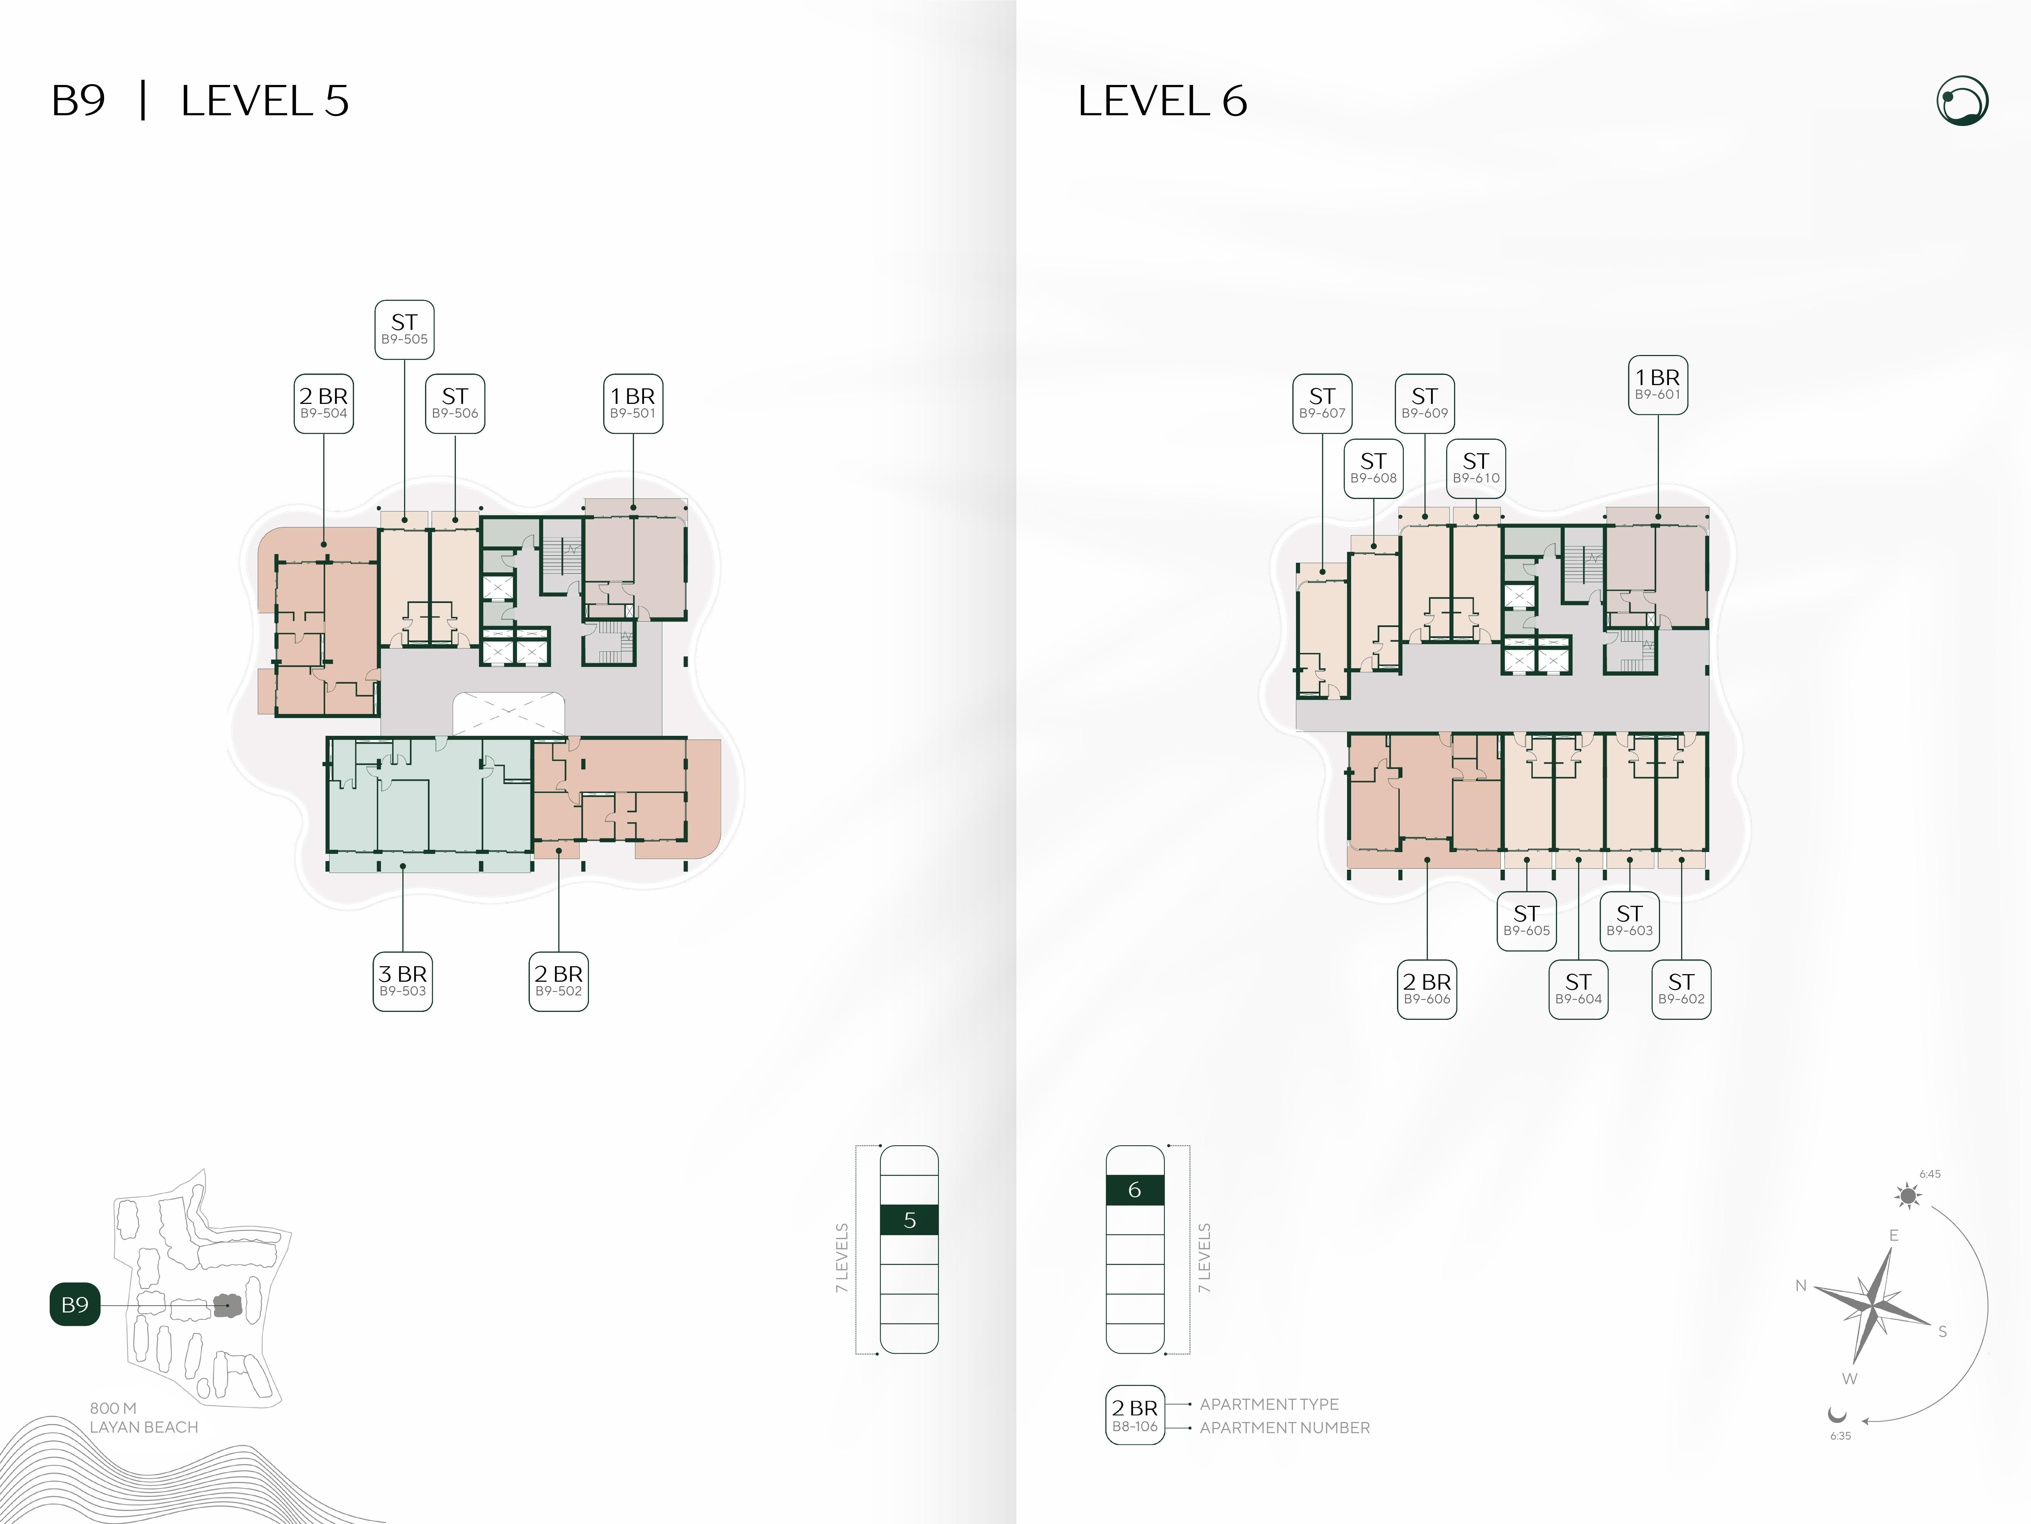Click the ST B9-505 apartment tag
coord(404,329)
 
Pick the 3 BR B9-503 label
coord(402,981)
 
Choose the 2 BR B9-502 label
coord(558,981)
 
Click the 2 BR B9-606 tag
coord(1427,989)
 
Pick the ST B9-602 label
coord(1681,989)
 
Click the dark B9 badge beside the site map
coord(74,1305)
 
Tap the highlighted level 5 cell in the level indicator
coord(909,1220)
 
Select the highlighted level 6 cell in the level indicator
coord(1135,1190)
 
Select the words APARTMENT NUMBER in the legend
coord(1284,1428)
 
